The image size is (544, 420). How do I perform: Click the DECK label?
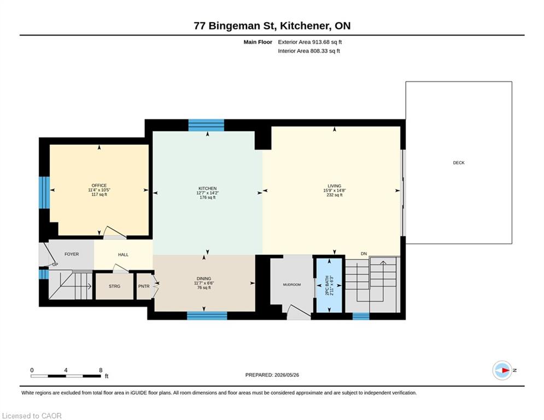(458, 163)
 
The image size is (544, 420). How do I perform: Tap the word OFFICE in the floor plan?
(99, 186)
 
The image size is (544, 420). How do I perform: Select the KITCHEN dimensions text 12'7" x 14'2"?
(207, 193)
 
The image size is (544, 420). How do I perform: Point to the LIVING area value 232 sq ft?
(335, 195)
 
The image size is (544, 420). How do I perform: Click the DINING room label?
(203, 279)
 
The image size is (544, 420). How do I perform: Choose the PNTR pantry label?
(144, 287)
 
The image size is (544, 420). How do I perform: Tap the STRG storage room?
(114, 287)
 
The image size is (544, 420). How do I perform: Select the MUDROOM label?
(292, 284)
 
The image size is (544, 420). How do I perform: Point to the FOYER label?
(72, 254)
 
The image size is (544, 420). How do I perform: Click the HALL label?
(123, 254)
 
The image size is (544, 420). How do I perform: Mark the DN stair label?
(364, 254)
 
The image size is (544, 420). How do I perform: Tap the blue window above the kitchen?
(206, 125)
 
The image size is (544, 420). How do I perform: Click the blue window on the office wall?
(44, 192)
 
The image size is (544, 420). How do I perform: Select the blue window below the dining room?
(207, 316)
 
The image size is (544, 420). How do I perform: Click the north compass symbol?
(502, 370)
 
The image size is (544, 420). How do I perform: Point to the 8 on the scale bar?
(101, 370)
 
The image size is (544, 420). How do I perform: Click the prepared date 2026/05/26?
(286, 375)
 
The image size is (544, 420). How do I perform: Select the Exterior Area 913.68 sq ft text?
(310, 42)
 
